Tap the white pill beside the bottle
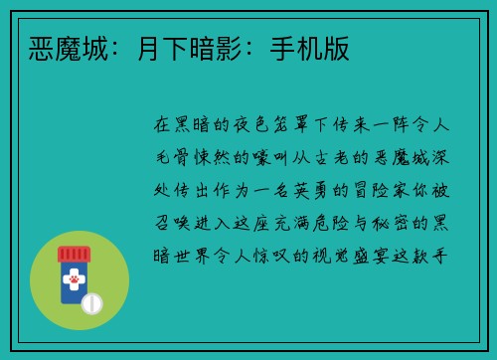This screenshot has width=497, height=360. [93, 301]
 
